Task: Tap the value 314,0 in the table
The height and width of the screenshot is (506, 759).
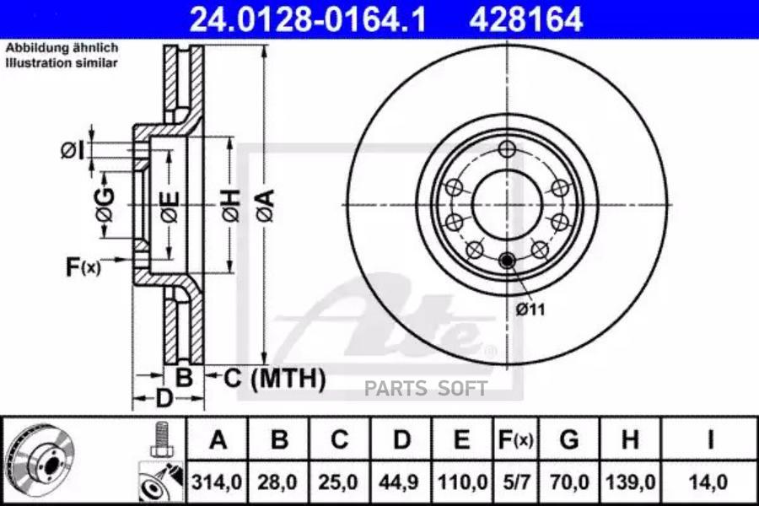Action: (x=218, y=483)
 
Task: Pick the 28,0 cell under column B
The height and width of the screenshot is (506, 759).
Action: (x=278, y=483)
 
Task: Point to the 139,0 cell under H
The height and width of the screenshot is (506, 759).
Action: (x=629, y=483)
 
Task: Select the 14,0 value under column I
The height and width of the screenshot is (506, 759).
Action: (x=709, y=483)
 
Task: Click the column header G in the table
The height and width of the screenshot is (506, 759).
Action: (x=569, y=439)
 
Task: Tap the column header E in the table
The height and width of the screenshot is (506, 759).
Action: (x=460, y=439)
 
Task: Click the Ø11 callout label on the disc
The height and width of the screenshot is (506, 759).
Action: (x=530, y=310)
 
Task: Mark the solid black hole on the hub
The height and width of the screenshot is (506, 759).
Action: (x=507, y=261)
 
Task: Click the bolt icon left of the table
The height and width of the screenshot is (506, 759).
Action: (x=160, y=439)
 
